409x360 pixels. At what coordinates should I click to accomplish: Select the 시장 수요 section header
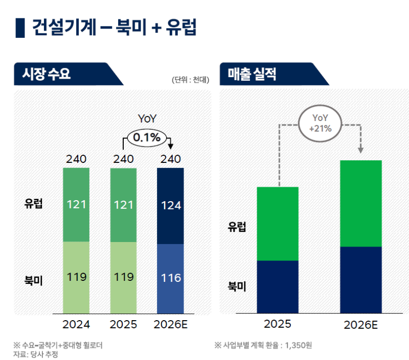point(47,74)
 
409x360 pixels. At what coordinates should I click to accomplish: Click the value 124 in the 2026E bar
point(171,206)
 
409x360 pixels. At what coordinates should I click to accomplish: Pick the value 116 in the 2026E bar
point(171,278)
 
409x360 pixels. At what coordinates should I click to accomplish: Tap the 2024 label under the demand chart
point(76,325)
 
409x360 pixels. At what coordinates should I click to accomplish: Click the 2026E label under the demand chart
point(171,325)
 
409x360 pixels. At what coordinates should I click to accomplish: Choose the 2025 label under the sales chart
point(277,324)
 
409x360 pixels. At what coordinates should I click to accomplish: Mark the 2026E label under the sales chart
point(361,325)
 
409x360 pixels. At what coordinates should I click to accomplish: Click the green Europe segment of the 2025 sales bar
point(277,224)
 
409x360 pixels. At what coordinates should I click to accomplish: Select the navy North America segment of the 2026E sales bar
point(361,280)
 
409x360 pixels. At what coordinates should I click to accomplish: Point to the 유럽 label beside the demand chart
point(34,204)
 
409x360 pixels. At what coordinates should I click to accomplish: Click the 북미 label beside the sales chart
point(237,286)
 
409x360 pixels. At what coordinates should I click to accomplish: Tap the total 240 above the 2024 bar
point(76,159)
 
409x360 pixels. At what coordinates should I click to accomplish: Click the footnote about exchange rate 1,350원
point(263,345)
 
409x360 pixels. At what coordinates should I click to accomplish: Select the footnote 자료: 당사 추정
point(36,354)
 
